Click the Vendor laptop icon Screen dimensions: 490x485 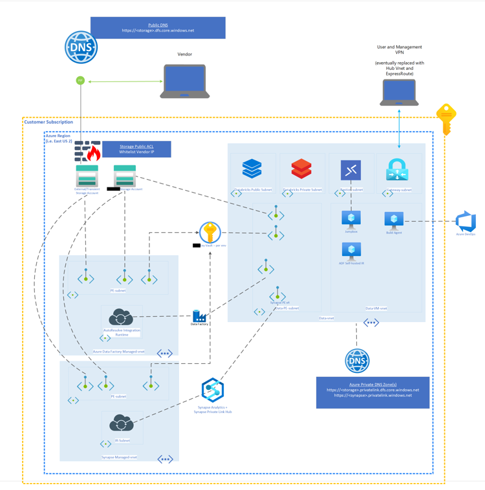click(185, 81)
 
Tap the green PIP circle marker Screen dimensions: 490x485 click(80, 81)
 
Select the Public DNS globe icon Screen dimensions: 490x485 click(81, 47)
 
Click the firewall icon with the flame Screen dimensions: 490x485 click(88, 151)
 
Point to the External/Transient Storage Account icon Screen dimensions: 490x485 click(87, 176)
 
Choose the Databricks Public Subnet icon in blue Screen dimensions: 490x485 click(252, 169)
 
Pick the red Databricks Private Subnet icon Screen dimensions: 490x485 click(301, 169)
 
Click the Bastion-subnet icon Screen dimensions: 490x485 click(350, 170)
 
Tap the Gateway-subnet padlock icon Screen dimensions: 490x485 click(397, 170)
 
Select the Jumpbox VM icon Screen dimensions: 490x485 click(351, 219)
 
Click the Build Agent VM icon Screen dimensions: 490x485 click(394, 220)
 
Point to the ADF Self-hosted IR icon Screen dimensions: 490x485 click(351, 250)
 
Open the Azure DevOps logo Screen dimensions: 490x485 click(466, 222)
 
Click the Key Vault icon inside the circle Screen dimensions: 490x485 click(210, 232)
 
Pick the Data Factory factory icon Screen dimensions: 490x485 click(199, 315)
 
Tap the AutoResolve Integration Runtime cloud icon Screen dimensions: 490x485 click(121, 317)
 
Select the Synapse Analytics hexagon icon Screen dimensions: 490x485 click(212, 390)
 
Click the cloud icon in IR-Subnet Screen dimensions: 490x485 click(122, 424)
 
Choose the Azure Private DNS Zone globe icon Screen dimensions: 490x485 click(357, 361)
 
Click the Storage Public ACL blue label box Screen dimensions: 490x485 click(136, 149)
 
